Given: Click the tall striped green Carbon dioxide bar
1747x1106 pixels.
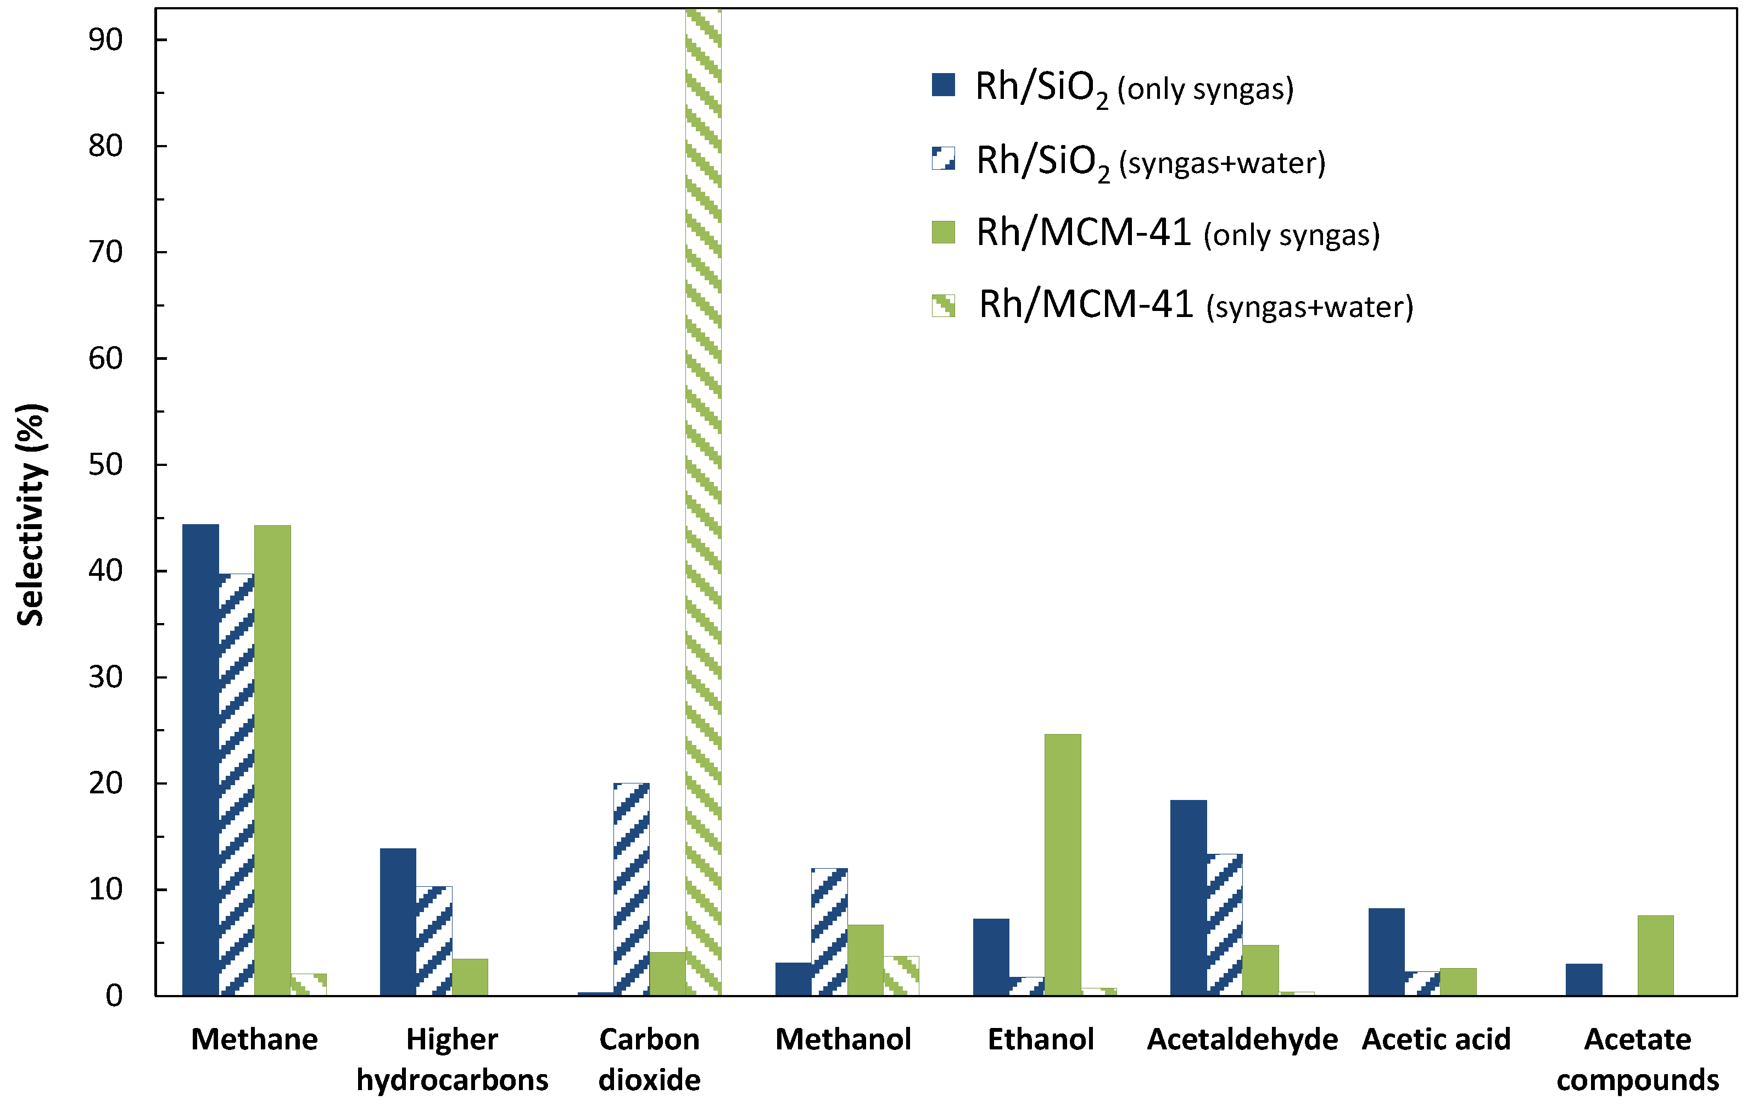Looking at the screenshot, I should pos(703,501).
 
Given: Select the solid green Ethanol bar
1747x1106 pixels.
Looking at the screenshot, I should pos(1062,864).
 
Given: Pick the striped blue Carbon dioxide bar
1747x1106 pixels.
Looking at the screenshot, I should pos(631,889).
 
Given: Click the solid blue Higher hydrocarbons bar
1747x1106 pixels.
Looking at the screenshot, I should pos(398,922).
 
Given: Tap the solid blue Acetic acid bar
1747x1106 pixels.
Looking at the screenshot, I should pos(1386,952).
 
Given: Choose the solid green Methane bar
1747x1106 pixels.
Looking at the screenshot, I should pos(273,760).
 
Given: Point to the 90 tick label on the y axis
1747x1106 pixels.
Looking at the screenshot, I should pos(106,40).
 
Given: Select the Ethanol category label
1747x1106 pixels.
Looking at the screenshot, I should pos(1040,1039).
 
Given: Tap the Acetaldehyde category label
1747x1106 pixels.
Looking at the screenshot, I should pos(1242,1039).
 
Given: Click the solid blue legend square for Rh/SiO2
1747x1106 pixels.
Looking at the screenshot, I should pos(943,85).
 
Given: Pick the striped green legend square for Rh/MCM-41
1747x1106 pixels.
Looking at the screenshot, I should pos(943,305).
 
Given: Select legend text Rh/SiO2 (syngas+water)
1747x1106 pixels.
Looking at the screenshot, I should pos(1151,161).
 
